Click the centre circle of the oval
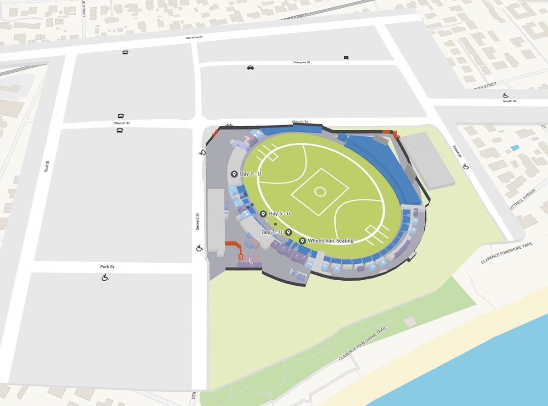pos(320,192)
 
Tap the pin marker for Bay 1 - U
pos(234,174)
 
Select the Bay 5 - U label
pos(279,214)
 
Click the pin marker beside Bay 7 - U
pos(288,233)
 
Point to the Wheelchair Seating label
pos(331,240)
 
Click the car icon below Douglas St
pos(250,68)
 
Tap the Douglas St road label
pos(302,62)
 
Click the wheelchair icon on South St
pos(506,96)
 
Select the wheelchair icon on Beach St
pos(466,166)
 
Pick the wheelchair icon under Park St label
pos(105,277)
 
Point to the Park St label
pos(106,267)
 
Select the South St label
pos(509,101)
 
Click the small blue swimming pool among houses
pos(515,148)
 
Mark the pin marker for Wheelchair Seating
pos(302,241)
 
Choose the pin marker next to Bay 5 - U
pos(263,214)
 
